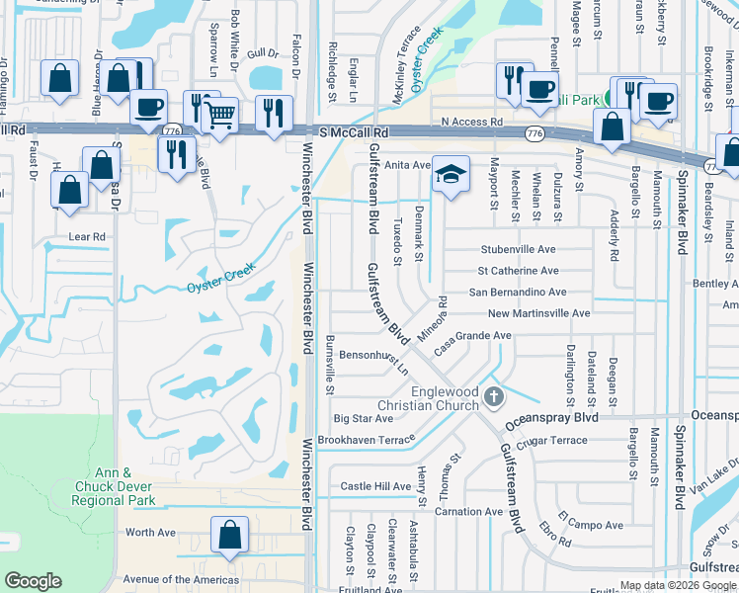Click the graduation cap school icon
(450, 174)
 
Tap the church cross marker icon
(496, 397)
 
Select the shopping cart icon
(219, 116)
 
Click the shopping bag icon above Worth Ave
(229, 535)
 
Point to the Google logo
(33, 581)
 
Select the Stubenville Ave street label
(518, 250)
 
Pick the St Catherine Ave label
(518, 271)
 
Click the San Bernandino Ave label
(517, 293)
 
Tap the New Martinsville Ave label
(537, 313)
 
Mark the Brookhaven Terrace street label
(367, 439)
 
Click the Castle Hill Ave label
(375, 486)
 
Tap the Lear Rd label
(87, 237)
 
